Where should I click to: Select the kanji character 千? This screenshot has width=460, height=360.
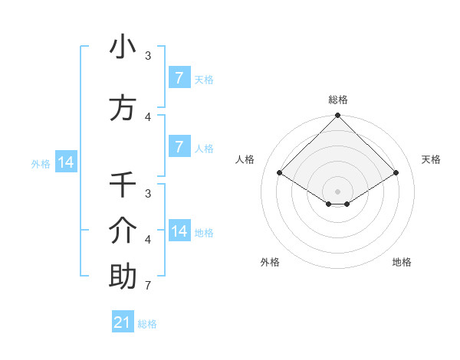click(x=123, y=185)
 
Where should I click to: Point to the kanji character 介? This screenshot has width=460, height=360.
click(x=123, y=231)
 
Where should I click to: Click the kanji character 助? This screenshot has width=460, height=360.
click(x=123, y=277)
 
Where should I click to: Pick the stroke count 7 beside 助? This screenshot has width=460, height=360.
click(x=147, y=286)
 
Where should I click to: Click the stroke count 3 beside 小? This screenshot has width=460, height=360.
click(x=148, y=56)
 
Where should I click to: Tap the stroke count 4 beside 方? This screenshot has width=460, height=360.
click(x=148, y=117)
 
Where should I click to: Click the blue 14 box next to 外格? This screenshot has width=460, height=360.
click(x=65, y=162)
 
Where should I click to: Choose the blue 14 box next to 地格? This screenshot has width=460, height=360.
click(x=179, y=231)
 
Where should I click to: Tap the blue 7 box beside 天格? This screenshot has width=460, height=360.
click(x=179, y=78)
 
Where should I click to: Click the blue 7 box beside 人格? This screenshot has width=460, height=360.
click(x=179, y=147)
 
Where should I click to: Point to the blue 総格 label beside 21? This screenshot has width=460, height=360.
click(x=147, y=324)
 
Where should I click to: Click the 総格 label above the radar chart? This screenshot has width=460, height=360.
click(x=338, y=100)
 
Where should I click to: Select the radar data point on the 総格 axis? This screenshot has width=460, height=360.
click(x=338, y=116)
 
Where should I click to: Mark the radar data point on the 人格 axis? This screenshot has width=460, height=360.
click(x=280, y=172)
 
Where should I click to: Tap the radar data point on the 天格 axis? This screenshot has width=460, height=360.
click(x=396, y=172)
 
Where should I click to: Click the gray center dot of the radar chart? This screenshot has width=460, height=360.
click(x=338, y=191)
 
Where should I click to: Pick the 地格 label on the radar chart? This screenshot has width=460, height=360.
click(x=402, y=262)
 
